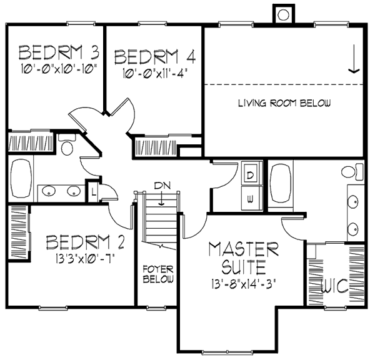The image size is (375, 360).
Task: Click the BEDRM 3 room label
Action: (59, 52)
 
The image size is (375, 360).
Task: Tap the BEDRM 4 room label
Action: (155, 57)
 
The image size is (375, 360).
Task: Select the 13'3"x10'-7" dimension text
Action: (85, 258)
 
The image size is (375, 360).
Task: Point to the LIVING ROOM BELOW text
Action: (284, 103)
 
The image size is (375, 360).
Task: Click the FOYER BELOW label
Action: (158, 274)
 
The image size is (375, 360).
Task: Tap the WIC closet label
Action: (334, 286)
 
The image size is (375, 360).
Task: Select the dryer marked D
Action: (250, 176)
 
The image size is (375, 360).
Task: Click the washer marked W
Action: (250, 199)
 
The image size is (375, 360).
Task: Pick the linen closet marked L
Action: (94, 192)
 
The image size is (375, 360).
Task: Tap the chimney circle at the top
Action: (284, 15)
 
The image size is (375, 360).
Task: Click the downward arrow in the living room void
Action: (354, 59)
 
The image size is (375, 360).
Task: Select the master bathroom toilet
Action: (352, 171)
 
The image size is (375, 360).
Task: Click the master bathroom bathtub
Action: (281, 184)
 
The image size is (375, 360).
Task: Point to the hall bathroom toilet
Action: (67, 145)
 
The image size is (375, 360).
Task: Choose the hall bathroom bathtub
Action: (21, 179)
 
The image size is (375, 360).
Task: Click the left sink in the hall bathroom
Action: (49, 191)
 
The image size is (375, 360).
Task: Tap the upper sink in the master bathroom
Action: (352, 202)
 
